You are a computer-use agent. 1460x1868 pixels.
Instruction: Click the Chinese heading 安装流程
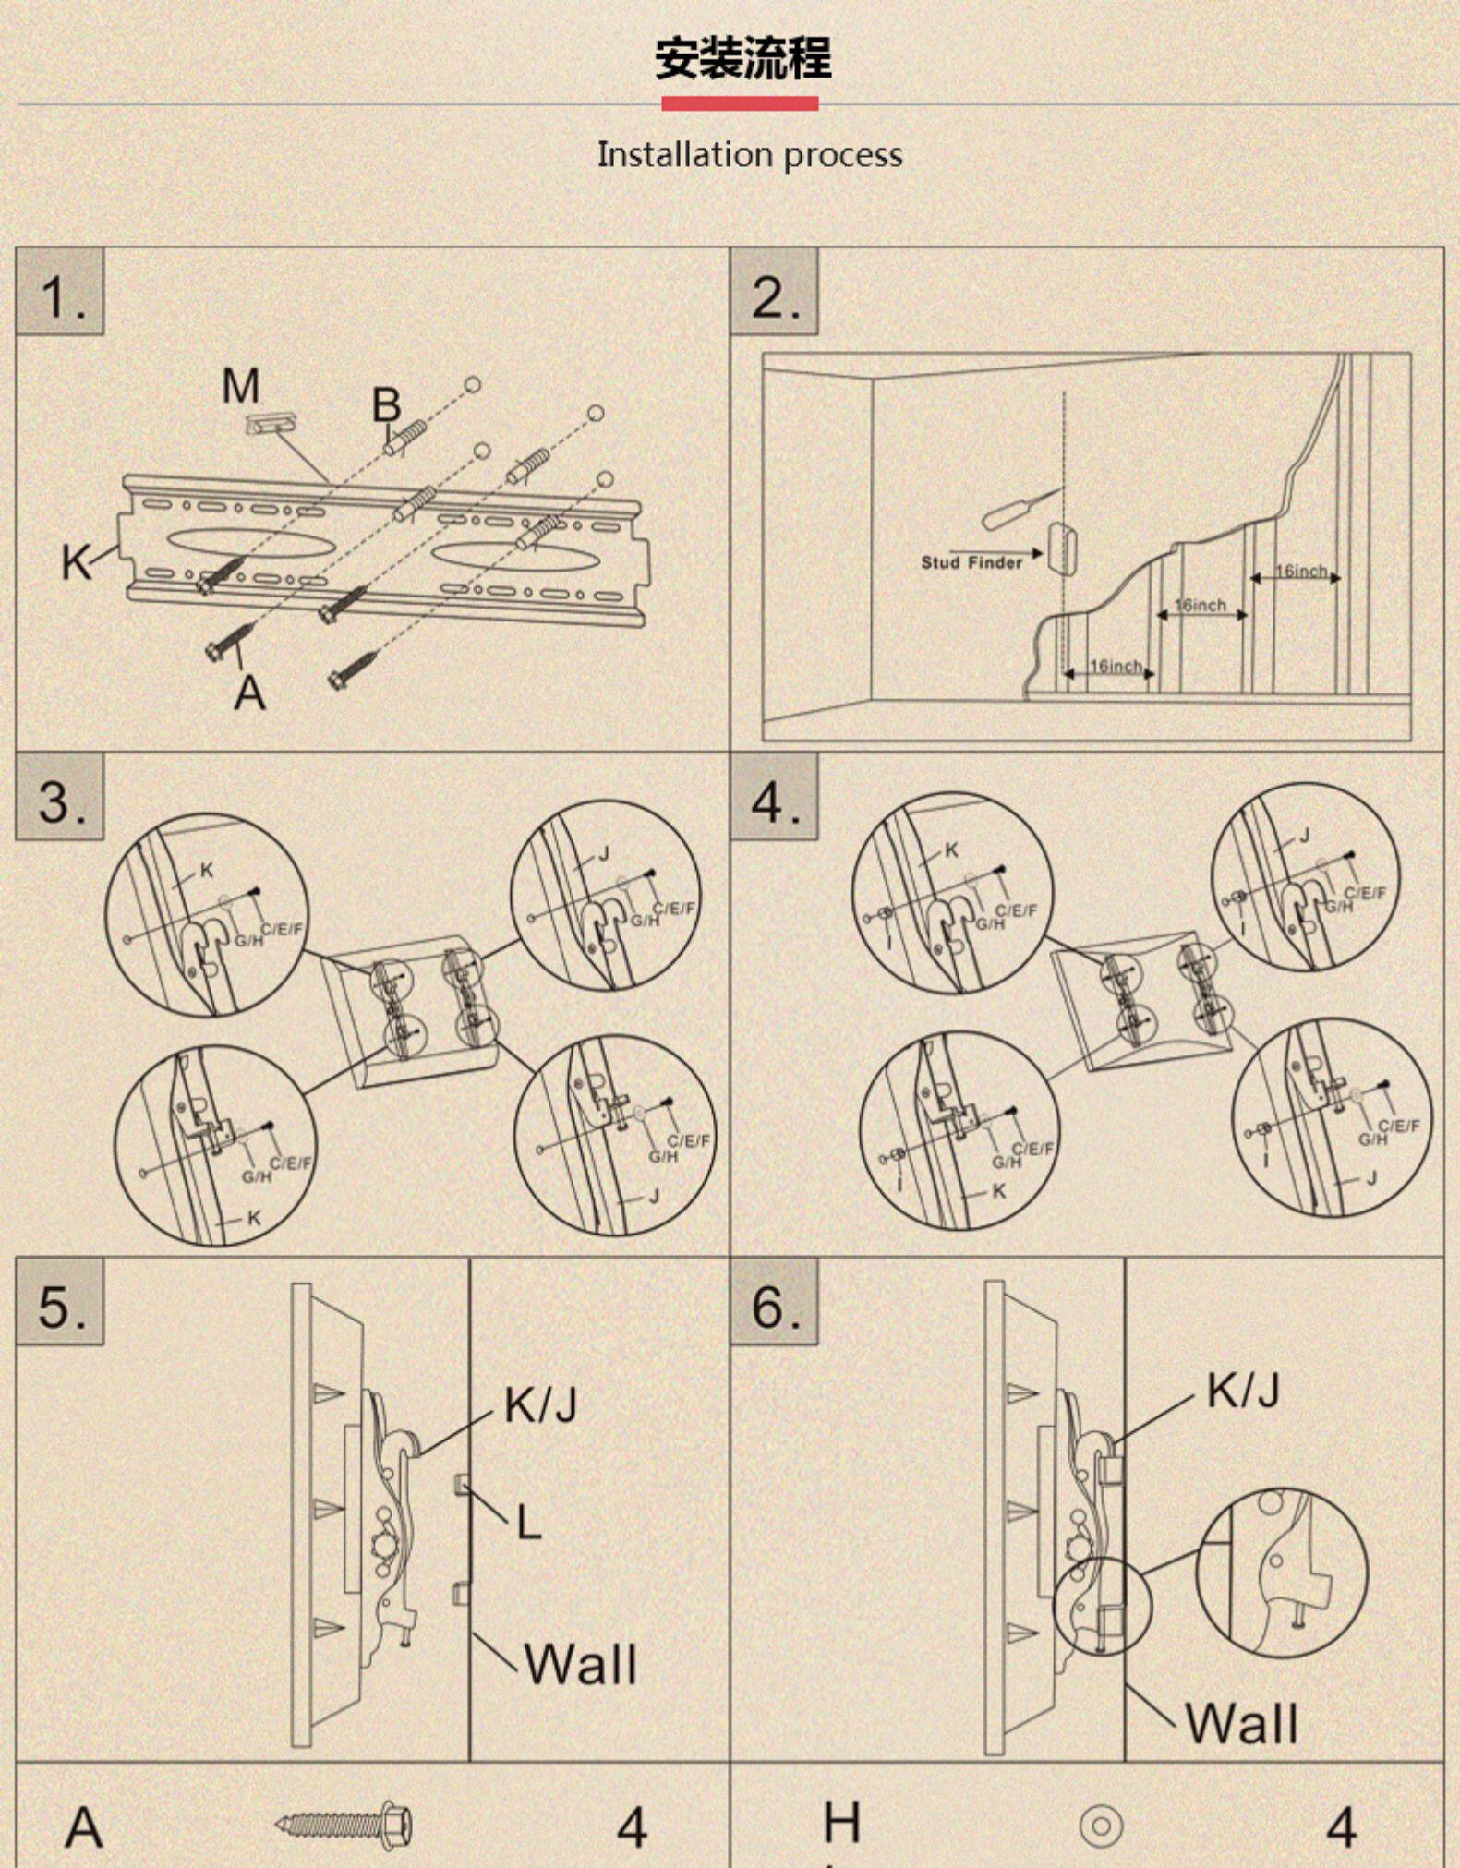pos(742,58)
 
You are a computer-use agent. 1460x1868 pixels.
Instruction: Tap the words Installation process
pos(749,154)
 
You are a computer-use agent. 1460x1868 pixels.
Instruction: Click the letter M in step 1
pos(241,386)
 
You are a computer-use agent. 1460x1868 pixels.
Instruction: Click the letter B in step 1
pos(387,404)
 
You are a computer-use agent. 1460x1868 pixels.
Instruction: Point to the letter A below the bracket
pos(249,693)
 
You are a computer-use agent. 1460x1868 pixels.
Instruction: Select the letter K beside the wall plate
pos(76,561)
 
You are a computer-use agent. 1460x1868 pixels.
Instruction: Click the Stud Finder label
pos(971,562)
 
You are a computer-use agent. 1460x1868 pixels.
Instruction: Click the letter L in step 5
pos(528,1523)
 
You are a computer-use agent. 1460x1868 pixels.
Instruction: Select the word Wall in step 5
pos(581,1665)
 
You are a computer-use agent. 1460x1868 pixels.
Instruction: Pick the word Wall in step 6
pos(1241,1723)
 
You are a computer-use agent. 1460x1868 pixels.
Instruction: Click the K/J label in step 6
pos(1243,1390)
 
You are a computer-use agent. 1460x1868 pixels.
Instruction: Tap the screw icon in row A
pos(344,1825)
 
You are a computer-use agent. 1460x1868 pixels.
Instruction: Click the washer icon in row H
pos(1101,1826)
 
